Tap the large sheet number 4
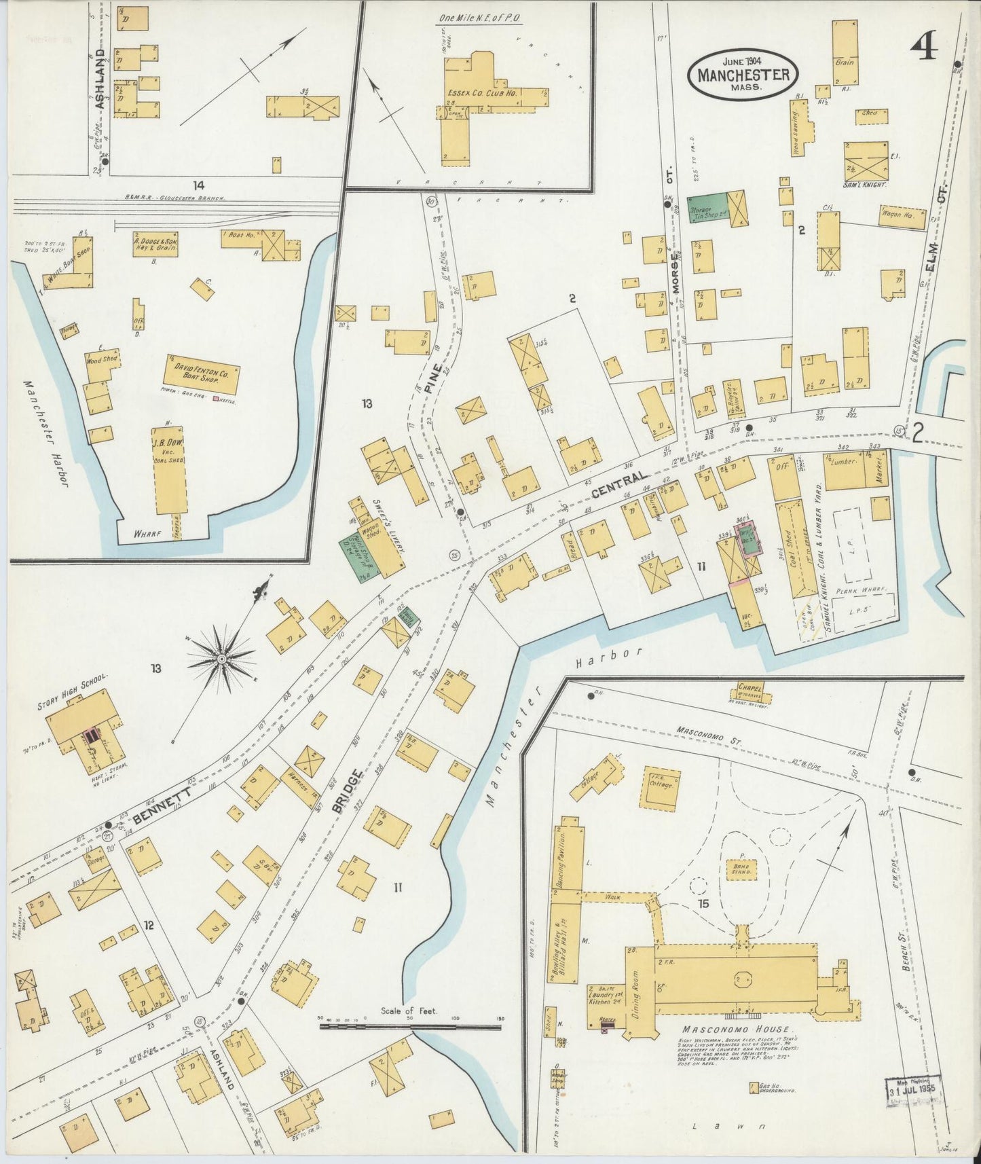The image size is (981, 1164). [924, 48]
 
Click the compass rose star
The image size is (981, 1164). [221, 658]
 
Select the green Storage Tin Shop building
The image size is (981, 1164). [707, 210]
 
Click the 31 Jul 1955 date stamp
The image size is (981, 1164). [913, 1092]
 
